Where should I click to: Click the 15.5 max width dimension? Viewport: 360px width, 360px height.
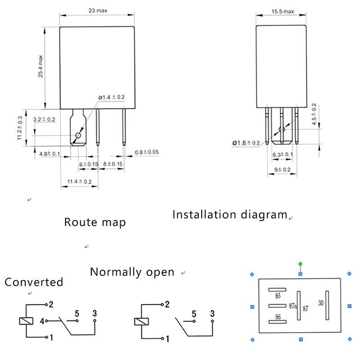click(x=283, y=11)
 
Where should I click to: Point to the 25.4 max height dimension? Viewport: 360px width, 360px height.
click(x=40, y=67)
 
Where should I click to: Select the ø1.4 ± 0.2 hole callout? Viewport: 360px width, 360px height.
click(x=112, y=97)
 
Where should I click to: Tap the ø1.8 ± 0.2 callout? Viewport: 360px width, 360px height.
click(x=246, y=143)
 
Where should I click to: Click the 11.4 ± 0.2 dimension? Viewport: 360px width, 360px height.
click(x=79, y=181)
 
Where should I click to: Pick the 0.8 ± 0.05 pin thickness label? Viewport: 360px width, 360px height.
click(x=147, y=152)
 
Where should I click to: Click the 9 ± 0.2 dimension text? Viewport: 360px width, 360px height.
click(x=282, y=169)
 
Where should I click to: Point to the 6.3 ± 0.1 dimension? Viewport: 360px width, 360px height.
click(x=283, y=154)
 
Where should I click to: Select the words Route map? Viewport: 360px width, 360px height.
click(x=94, y=222)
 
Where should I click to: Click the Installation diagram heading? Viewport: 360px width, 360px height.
click(x=229, y=215)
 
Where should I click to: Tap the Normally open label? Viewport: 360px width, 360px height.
click(x=132, y=272)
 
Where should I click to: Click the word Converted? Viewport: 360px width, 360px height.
click(x=34, y=282)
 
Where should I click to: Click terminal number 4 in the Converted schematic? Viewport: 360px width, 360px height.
click(x=41, y=321)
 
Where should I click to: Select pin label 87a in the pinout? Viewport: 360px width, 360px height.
click(x=293, y=306)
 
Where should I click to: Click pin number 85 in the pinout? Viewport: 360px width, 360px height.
click(x=278, y=296)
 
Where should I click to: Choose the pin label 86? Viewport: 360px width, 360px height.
click(x=278, y=317)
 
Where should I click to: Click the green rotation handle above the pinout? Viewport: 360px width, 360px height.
click(x=300, y=264)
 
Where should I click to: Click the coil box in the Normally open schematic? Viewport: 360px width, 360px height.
click(x=140, y=322)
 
